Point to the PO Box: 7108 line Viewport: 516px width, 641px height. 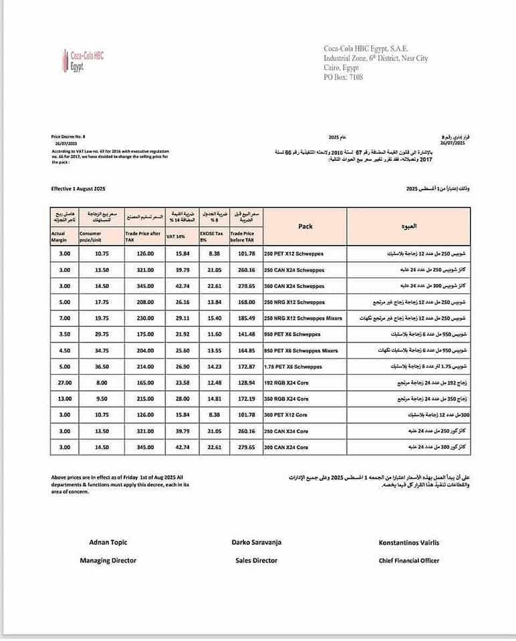point(343,77)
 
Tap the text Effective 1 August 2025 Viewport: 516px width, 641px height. point(78,189)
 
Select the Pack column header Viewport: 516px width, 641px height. point(305,226)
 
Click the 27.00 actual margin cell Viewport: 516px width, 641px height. point(64,383)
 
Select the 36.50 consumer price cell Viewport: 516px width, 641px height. point(102,367)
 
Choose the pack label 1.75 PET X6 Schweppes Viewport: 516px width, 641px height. point(293,367)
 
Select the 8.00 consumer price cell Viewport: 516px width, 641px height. point(102,383)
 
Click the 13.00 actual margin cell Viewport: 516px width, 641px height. point(64,399)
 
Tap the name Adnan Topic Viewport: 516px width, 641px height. point(108,542)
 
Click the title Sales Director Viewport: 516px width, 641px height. point(256,560)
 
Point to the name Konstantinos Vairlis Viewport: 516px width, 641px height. point(408,542)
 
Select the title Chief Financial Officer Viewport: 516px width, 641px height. point(408,560)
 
